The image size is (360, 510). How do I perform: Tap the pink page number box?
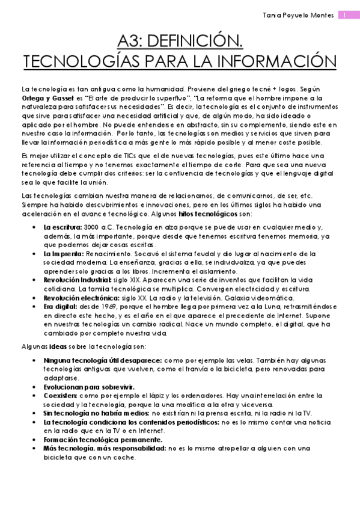click(x=346, y=14)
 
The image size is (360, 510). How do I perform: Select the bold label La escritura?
click(x=62, y=227)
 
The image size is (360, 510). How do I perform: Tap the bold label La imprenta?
click(x=62, y=254)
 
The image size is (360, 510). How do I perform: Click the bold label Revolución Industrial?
click(x=77, y=280)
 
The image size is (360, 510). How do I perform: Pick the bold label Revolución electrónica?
click(x=79, y=298)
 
